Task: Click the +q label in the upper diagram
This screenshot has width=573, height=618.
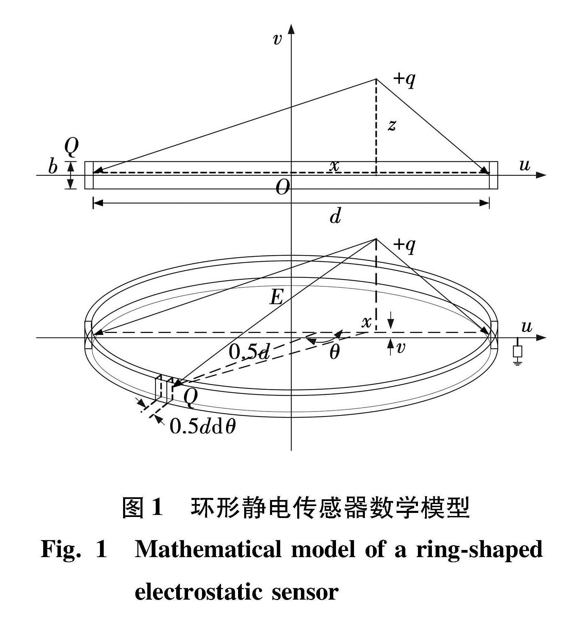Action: tap(404, 80)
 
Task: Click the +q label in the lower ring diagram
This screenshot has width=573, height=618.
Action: tap(404, 245)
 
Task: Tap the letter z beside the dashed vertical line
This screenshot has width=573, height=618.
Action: tap(392, 126)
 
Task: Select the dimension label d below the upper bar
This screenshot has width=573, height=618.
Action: tap(335, 216)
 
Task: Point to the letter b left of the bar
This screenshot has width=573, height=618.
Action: tap(53, 167)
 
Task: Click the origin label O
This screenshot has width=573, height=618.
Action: tap(283, 187)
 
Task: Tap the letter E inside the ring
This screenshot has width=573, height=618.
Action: tap(276, 297)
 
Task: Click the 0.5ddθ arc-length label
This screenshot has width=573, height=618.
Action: tap(203, 425)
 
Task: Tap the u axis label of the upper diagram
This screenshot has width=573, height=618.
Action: tap(525, 165)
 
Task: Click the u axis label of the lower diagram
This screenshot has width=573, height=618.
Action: tap(526, 327)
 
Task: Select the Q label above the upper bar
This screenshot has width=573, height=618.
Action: tap(71, 147)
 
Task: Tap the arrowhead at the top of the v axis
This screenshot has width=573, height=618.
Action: tap(291, 29)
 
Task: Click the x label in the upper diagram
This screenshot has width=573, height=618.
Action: tap(335, 166)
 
